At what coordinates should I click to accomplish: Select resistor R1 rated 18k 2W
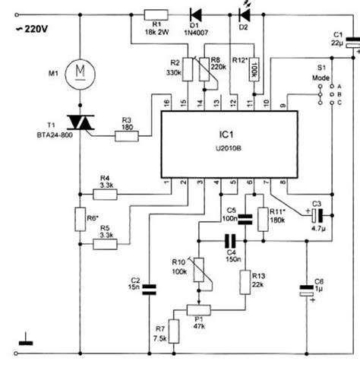point(157,14)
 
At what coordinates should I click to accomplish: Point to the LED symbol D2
point(244,14)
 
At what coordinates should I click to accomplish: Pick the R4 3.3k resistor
point(106,194)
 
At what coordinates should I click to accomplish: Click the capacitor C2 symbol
point(150,288)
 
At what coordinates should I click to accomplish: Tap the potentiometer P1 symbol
point(201,310)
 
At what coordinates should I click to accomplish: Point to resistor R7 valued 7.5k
point(173,331)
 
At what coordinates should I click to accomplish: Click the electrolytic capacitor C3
point(315,215)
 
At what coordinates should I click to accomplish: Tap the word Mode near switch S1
point(321,78)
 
